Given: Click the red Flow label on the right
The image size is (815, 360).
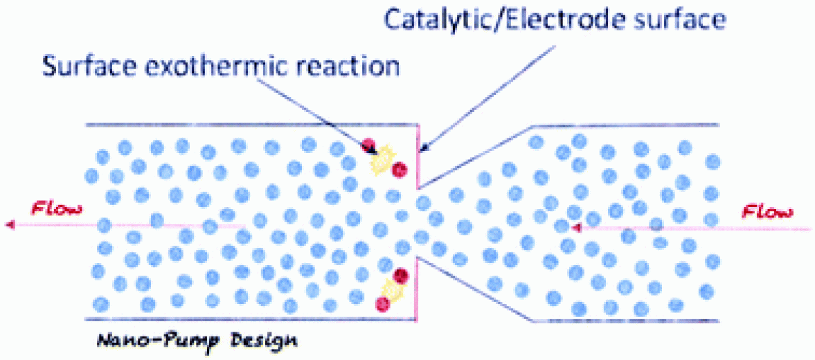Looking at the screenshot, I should point(767,210).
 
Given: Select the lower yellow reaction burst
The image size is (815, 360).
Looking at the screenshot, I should point(392,290).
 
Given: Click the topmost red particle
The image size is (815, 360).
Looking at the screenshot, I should point(368,145).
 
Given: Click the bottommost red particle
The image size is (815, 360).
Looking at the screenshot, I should point(381,303).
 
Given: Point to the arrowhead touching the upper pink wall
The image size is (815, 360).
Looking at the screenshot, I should point(425,147).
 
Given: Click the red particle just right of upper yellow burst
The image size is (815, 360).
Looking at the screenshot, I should point(398,170).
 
